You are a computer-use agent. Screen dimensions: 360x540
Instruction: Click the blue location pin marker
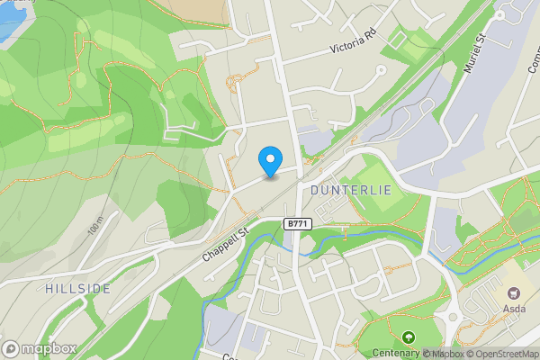pos(268,160)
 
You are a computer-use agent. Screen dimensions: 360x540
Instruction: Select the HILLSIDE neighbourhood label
pos(76,288)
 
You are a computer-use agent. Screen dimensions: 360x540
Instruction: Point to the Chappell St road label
pos(224,244)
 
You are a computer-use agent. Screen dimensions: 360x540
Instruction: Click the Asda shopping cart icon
pos(516,293)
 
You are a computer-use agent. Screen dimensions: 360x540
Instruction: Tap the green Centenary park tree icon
pos(409,337)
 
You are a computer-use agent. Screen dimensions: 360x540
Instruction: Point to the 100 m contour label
pos(95,232)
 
